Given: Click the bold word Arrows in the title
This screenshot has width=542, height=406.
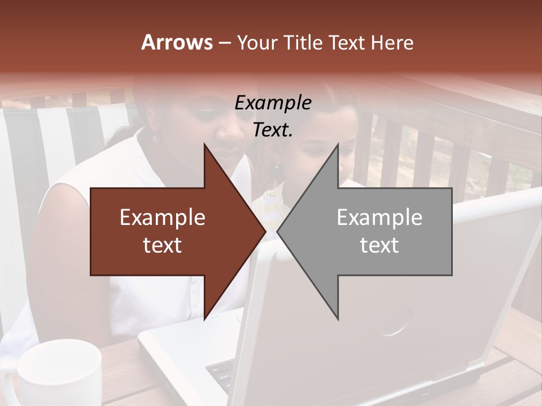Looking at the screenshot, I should click(x=177, y=42).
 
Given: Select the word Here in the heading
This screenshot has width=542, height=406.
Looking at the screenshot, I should click(x=392, y=42).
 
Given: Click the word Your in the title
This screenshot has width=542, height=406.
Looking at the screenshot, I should click(x=257, y=43).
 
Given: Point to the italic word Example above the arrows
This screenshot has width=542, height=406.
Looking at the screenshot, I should click(x=273, y=103).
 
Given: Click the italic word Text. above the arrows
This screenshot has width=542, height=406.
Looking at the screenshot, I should click(x=273, y=130).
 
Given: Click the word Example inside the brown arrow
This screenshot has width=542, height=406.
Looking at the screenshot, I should click(x=162, y=218).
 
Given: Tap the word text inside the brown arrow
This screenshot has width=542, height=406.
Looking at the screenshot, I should click(x=162, y=245).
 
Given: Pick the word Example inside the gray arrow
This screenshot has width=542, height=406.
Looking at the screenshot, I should click(x=379, y=218).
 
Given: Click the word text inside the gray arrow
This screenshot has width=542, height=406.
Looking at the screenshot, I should click(x=379, y=245).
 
